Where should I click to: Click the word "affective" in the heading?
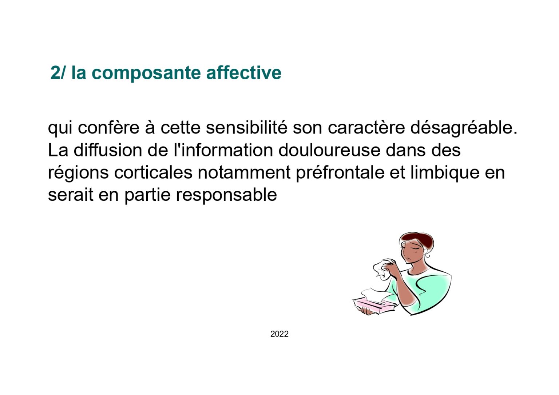pos(244,73)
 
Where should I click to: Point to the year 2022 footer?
pos(279,334)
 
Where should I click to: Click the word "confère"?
pos(108,128)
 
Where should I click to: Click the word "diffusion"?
pos(108,150)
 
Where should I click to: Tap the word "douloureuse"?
pos(329,150)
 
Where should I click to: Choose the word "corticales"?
pos(153,172)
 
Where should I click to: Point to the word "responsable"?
pos(226,195)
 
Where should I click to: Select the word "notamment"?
pos(244,172)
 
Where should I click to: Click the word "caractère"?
pos(366,128)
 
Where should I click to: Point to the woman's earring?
pos(428,255)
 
